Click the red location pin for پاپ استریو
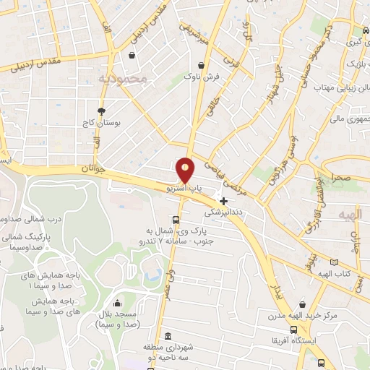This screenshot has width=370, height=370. coord(186,170)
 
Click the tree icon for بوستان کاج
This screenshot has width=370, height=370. coord(100,111)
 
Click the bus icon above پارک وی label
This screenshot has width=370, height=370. coord(176,220)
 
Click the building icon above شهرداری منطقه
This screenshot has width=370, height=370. coord(168,336)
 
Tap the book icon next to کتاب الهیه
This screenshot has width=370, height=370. coord(333,262)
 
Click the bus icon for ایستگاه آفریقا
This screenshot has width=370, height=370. coord(320,343)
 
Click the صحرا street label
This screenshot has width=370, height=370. coord(343,177)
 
